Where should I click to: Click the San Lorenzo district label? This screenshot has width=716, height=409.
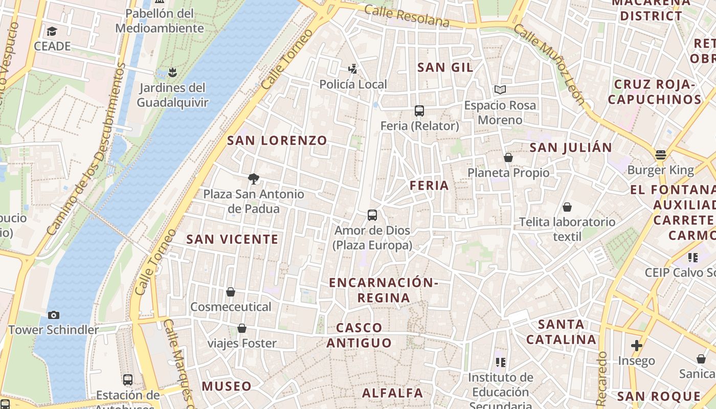[x=277, y=141]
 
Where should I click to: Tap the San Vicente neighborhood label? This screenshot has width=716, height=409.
[x=232, y=239]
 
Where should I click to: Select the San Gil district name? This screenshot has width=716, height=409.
[x=445, y=67]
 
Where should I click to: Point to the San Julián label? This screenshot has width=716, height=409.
[x=570, y=148]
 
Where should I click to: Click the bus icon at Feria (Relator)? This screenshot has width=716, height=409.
[x=419, y=110]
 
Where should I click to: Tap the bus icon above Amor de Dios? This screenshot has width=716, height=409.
[x=372, y=215]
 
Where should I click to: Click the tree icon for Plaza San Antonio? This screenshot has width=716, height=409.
[x=253, y=178]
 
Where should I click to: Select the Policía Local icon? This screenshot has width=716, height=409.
[x=352, y=69]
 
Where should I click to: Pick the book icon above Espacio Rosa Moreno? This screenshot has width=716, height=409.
[x=500, y=90]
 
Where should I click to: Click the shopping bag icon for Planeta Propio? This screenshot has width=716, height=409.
[x=508, y=157]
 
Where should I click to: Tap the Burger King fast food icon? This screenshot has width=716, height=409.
[x=660, y=155]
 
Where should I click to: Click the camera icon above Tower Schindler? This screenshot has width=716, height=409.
[x=53, y=315]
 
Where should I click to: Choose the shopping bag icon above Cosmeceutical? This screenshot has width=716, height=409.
[x=231, y=292]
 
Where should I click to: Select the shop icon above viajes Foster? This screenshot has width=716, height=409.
[x=242, y=328]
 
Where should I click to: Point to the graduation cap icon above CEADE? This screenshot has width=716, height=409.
[x=52, y=32]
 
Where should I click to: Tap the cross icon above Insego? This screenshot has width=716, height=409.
[x=636, y=346]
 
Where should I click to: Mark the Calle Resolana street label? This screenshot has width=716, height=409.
[x=407, y=16]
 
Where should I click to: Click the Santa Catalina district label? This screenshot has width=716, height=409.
[x=561, y=332]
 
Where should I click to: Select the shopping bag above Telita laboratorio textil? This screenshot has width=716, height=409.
[x=567, y=207]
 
